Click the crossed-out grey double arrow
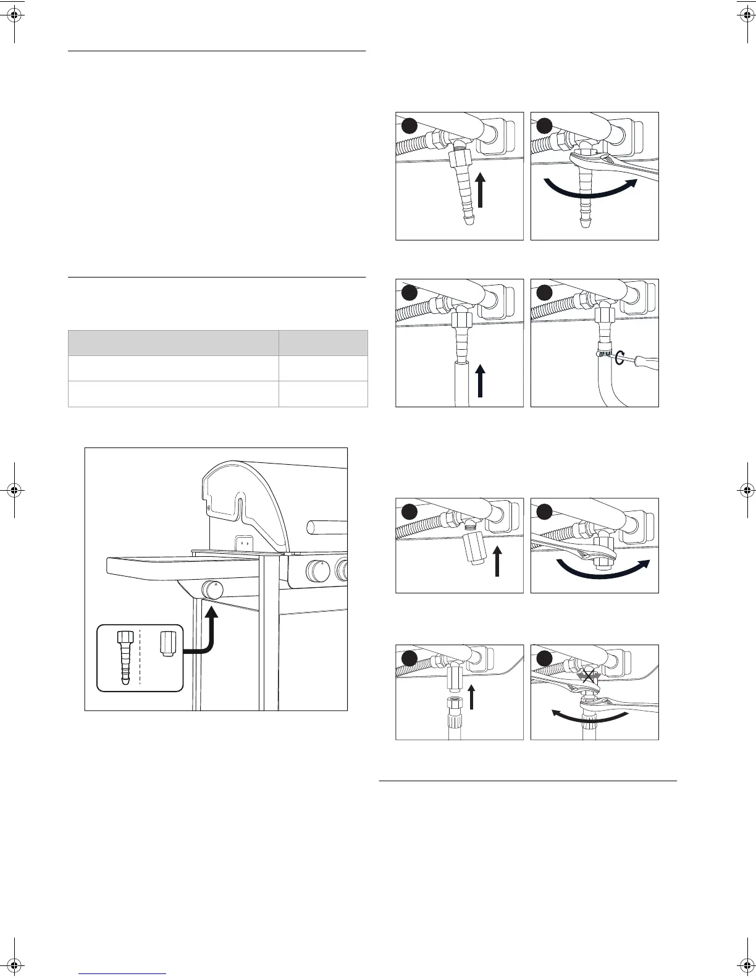coord(589,676)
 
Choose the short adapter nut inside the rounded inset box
coord(167,644)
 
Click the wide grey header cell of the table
coord(173,342)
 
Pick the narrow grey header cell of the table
coord(323,342)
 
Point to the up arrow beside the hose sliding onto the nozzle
coord(480,381)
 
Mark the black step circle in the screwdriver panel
coord(544,292)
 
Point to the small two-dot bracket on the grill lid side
coord(244,542)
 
